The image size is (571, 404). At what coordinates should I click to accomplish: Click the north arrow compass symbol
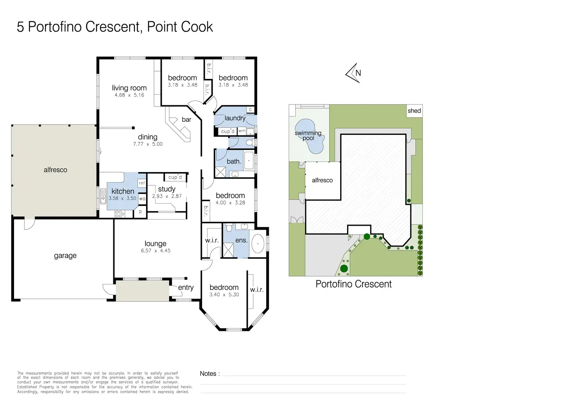(353, 73)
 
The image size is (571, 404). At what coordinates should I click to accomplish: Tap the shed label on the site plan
(414, 111)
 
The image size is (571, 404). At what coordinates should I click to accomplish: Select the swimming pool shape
(310, 136)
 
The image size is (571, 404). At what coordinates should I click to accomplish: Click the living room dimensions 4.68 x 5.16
(129, 95)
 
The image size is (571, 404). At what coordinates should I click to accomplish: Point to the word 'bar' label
(186, 119)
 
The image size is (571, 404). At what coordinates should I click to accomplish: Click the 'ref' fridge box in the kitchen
(142, 183)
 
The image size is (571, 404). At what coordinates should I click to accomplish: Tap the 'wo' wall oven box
(142, 199)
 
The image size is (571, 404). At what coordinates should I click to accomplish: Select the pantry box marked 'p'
(140, 212)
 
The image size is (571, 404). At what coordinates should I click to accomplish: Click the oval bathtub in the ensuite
(258, 244)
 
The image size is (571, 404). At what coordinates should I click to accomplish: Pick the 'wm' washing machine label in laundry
(242, 131)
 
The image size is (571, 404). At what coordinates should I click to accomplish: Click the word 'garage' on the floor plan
(65, 256)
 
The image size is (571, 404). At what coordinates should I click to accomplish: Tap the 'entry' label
(186, 287)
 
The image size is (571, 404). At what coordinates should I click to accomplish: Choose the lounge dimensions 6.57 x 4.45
(156, 251)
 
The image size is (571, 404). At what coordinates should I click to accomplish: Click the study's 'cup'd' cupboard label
(175, 177)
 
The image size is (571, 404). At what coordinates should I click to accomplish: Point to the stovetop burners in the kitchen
(120, 214)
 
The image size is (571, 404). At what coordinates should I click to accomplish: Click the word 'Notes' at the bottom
(208, 374)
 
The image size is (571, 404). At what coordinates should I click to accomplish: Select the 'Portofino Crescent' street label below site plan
(353, 284)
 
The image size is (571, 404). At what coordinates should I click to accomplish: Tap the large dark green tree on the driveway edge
(344, 268)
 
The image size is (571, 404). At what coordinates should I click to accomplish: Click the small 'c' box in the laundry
(250, 110)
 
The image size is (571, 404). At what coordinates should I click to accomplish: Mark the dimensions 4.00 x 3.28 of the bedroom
(230, 203)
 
